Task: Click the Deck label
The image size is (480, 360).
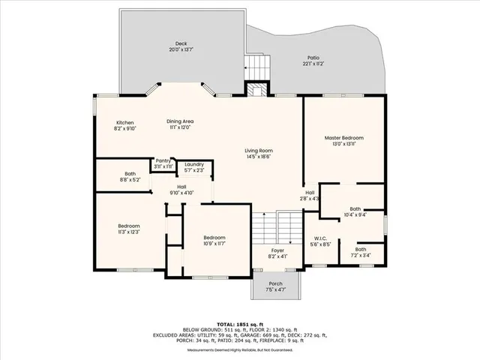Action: [x=181, y=46]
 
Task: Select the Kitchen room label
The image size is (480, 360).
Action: [x=124, y=125]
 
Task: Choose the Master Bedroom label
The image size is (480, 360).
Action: [x=343, y=141]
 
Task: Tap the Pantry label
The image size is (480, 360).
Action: [x=163, y=163]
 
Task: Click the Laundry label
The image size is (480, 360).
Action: [x=194, y=166]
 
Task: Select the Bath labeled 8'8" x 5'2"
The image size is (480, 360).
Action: [x=130, y=176]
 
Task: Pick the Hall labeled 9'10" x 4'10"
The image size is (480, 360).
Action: [x=181, y=190]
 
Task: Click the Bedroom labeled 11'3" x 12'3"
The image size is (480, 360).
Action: [x=128, y=229]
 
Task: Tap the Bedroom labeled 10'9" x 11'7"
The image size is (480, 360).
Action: [x=214, y=240]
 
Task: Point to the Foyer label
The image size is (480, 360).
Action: [x=277, y=253]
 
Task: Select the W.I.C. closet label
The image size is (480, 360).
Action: [x=321, y=241]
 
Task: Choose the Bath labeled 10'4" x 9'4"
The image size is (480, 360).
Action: [x=355, y=212]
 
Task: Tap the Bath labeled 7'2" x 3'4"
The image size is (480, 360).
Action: [x=361, y=252]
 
